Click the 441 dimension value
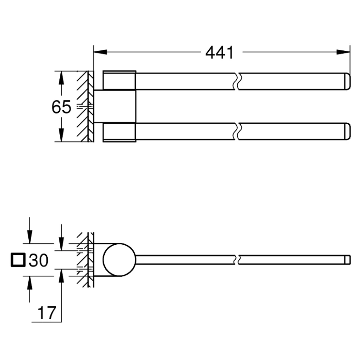click(220, 53)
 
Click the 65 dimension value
click(61, 107)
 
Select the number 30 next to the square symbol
click(38, 260)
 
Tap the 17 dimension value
click(47, 313)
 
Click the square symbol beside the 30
click(18, 260)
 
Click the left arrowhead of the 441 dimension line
click(100, 52)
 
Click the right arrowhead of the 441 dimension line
click(343, 52)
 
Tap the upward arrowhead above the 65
click(61, 78)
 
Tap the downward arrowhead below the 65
click(61, 135)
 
